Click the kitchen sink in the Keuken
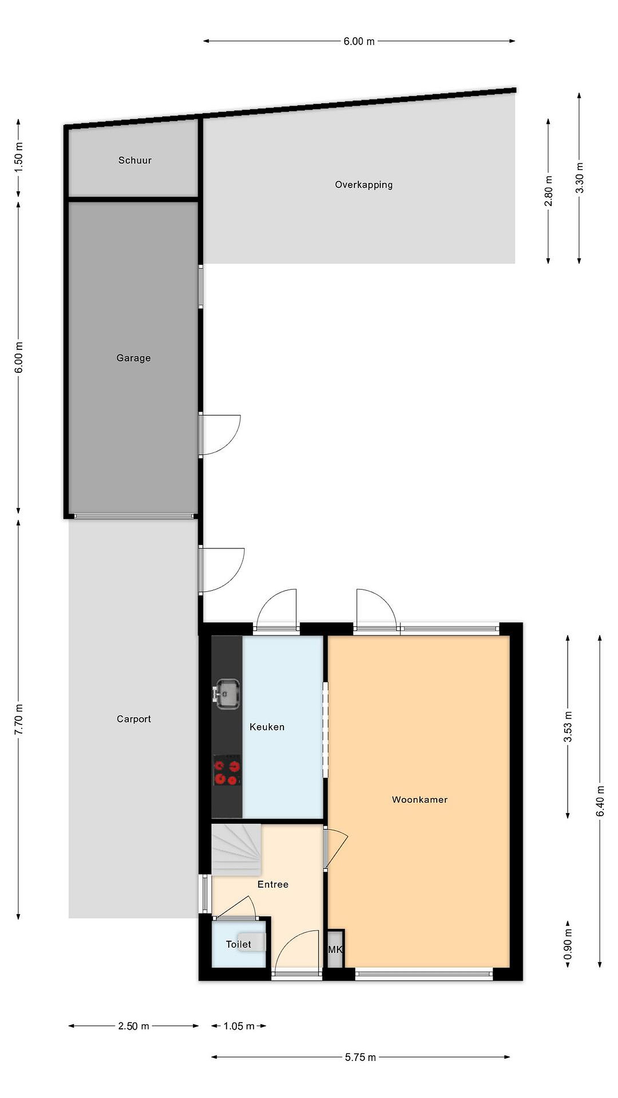point(227,694)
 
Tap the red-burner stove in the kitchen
point(227,770)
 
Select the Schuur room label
point(135,160)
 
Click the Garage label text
point(134,358)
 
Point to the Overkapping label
point(364,185)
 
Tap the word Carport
point(134,719)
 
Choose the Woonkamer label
point(420,799)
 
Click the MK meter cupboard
point(335,949)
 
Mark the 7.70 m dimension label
point(19,719)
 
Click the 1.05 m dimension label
point(239,1026)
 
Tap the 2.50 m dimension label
point(134,1026)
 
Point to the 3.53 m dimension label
point(568,727)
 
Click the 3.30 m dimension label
point(579,178)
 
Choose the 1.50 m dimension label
point(19,157)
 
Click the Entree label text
point(273,884)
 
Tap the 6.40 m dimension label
point(600,801)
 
